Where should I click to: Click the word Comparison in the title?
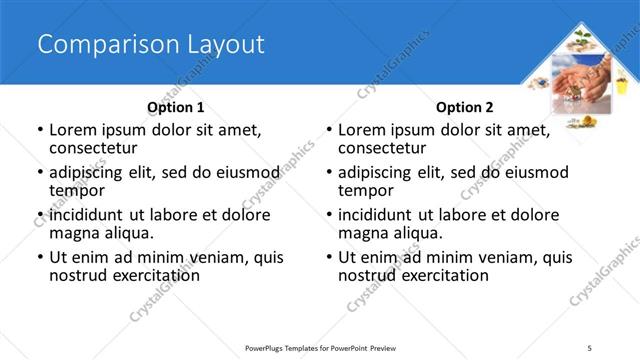[x=94, y=45]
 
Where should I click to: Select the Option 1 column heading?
[x=176, y=107]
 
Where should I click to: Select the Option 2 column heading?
[x=465, y=107]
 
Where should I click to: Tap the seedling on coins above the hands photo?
[x=581, y=41]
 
